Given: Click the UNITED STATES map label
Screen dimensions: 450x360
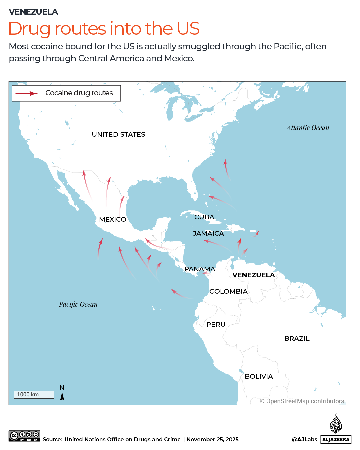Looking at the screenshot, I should coord(118,134).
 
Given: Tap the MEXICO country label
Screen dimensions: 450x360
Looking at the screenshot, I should coord(113,219).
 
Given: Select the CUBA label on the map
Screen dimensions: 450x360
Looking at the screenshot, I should coord(204,217).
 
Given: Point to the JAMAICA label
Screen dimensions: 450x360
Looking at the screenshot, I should coord(208,233).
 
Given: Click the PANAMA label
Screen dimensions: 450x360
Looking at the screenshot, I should coord(200,269).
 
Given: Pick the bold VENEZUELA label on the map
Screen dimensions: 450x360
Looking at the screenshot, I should coord(253,275).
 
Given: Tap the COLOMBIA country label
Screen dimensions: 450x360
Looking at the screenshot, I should coord(228,291).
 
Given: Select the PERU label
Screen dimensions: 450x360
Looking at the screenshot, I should coord(216,324).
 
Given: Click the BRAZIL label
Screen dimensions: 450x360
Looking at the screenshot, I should coord(297,338).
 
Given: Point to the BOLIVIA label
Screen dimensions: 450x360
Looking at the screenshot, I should coord(259,376).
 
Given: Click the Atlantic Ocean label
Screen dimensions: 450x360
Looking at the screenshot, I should coord(308,128).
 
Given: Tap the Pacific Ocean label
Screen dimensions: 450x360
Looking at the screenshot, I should coord(78,304).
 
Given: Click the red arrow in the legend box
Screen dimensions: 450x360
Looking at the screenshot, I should coord(27,94).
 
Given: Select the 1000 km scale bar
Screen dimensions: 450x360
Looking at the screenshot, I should coord(34,395).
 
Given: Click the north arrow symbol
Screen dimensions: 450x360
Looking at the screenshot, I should coord(62,396).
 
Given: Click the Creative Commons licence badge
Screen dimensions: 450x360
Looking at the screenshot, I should coord(24,436).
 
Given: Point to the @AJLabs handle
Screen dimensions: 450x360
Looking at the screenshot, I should coord(304,439).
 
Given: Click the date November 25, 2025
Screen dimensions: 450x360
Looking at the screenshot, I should coord(212,439).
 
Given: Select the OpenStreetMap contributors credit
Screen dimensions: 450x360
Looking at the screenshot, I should coord(302,401).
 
